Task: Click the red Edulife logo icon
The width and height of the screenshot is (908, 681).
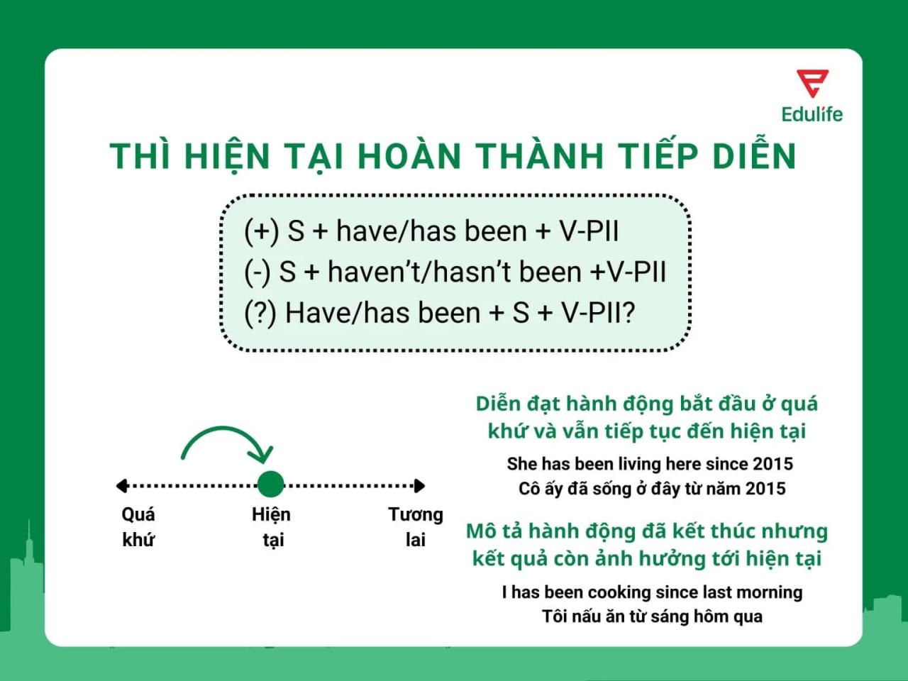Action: click(x=812, y=83)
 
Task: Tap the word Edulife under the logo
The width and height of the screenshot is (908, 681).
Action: click(x=812, y=114)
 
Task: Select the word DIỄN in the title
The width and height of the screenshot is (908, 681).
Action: click(x=754, y=155)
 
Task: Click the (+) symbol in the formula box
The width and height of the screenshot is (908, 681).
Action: click(x=261, y=231)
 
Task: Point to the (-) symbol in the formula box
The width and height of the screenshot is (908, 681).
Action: click(x=257, y=272)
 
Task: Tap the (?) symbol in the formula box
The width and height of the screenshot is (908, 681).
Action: click(x=260, y=313)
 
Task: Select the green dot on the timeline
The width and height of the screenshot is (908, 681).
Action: click(x=270, y=485)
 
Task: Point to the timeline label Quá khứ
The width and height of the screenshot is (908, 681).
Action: click(x=138, y=526)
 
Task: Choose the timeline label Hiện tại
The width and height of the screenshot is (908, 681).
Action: click(x=272, y=526)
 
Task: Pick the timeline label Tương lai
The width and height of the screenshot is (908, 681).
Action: click(x=415, y=526)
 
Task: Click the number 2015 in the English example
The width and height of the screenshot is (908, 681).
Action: click(x=773, y=464)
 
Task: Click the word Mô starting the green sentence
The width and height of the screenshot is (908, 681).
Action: click(x=481, y=531)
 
